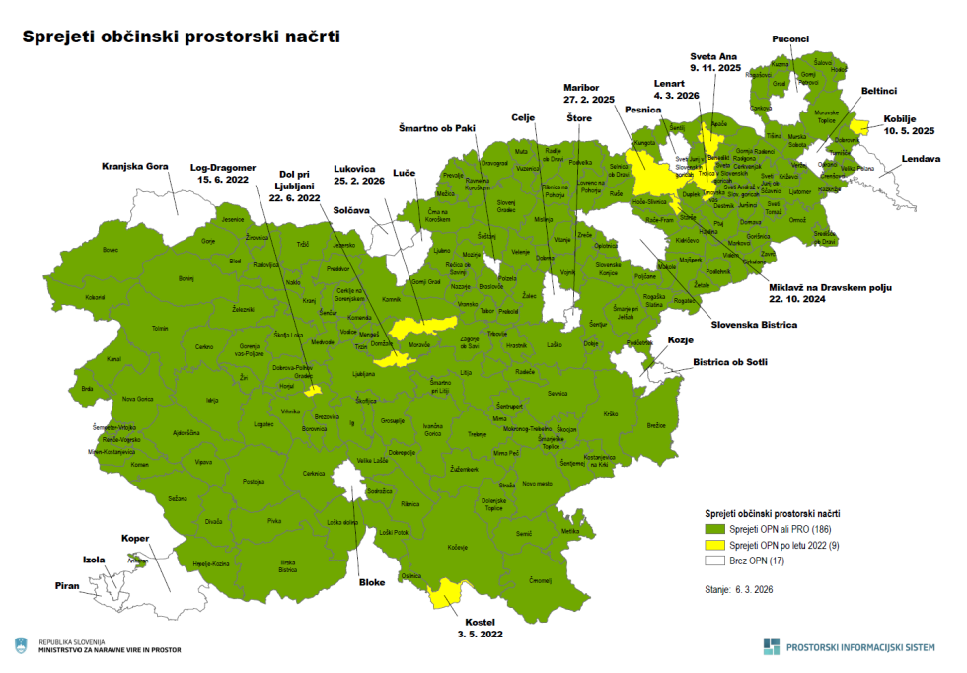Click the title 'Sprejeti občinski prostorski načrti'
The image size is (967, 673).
pos(181,37)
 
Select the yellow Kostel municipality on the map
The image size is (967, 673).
pos(447,594)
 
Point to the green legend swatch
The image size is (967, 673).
pos(715,531)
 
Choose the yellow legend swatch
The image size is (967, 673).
pos(715,546)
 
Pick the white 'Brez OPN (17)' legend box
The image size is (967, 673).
pos(715,561)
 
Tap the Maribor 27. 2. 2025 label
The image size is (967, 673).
pos(589,93)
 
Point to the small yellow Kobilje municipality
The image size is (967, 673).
pos(860,125)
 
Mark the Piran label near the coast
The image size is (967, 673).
pos(68,585)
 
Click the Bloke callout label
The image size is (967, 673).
pos(372,582)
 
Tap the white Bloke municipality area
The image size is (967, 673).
pos(346,480)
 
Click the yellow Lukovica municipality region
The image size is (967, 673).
pos(422,325)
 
